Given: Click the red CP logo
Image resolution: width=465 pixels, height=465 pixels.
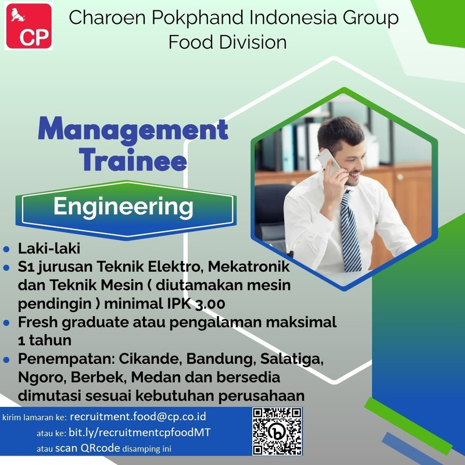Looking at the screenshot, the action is coord(28,26).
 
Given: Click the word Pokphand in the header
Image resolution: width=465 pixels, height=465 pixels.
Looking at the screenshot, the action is coord(198,18).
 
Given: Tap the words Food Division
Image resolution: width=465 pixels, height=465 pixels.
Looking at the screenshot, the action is coord(227,42).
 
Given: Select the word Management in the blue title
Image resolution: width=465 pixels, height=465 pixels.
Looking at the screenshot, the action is coord(133,129).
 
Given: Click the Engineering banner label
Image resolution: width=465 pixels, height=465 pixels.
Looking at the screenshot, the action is coord(123,207).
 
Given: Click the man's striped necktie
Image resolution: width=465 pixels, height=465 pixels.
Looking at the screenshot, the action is coord(350,231).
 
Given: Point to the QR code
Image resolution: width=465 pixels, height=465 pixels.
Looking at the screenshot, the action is coord(277,431).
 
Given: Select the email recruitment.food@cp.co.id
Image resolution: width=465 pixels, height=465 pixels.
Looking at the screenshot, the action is coord(138,416).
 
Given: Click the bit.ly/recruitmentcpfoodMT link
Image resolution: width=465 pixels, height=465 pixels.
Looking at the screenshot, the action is coord(139,432).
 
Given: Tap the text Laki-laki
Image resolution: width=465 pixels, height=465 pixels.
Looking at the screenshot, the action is coord(49,248).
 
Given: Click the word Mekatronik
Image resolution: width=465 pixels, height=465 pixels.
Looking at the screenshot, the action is coord(249,266).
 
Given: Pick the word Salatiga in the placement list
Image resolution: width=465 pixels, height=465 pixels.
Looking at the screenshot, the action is coord(292,359).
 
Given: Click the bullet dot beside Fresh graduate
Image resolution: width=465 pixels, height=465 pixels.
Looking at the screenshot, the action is coord(6,323).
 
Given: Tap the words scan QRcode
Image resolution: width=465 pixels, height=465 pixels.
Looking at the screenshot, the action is coord(88,448).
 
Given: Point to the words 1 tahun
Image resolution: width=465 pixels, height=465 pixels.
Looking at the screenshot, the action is coord(45,341).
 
